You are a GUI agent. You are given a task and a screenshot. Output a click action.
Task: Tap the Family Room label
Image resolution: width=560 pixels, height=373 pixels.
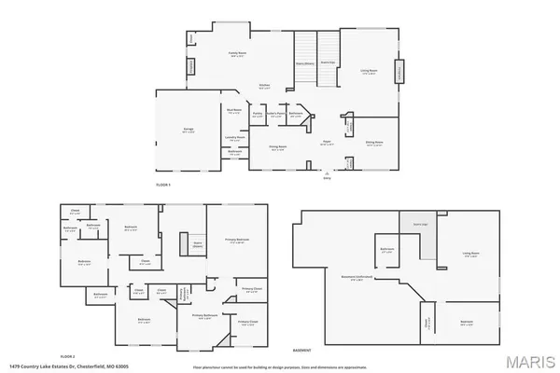point(237,54)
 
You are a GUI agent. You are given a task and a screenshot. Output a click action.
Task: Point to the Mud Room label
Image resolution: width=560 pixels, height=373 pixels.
point(234,111)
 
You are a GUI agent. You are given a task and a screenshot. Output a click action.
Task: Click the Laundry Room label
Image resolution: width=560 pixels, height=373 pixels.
point(235,136)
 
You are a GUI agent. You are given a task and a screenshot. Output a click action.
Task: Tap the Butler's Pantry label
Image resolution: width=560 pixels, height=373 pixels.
point(274,114)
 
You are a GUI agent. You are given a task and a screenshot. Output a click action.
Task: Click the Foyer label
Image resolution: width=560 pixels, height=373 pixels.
point(329,142)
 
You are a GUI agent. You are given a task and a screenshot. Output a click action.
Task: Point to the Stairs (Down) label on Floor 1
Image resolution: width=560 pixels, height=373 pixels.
point(304,63)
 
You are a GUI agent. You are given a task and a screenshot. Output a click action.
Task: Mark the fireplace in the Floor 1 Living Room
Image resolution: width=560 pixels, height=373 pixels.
point(399,72)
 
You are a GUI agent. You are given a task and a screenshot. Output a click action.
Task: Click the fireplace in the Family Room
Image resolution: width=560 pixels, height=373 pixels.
point(191,68)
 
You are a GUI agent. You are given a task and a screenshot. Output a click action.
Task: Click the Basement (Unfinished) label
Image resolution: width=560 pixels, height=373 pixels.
point(357,277)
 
